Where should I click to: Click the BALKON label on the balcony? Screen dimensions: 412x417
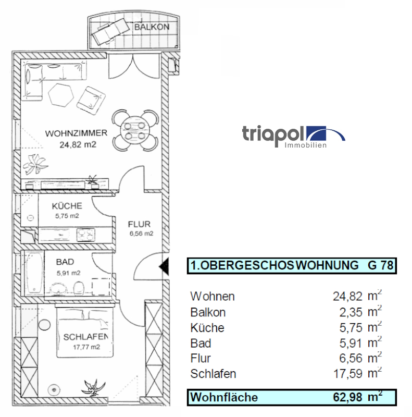point(152,27)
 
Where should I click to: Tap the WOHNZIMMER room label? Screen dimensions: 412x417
point(76,133)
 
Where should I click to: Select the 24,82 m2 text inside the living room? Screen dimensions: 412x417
point(78,145)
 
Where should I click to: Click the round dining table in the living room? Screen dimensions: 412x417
point(135,130)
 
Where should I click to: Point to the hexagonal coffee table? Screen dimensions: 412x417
point(61,95)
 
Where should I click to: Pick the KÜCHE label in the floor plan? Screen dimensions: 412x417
point(67,206)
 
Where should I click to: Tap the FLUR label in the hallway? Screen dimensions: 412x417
point(139,224)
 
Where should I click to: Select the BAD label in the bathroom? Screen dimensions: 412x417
point(65,262)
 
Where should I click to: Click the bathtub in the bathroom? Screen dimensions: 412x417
point(33,273)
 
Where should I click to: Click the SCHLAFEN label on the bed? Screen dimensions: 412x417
point(85,337)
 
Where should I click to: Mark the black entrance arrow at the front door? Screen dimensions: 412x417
point(164,266)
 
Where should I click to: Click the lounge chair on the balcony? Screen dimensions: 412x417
point(108,31)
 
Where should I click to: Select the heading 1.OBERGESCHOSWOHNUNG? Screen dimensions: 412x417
point(274,266)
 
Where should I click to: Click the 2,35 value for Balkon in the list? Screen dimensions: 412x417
point(351,312)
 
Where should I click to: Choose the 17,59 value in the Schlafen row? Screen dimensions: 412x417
point(348,374)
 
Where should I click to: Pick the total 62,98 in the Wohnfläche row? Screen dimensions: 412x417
point(348,397)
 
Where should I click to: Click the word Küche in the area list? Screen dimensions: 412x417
point(207,328)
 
